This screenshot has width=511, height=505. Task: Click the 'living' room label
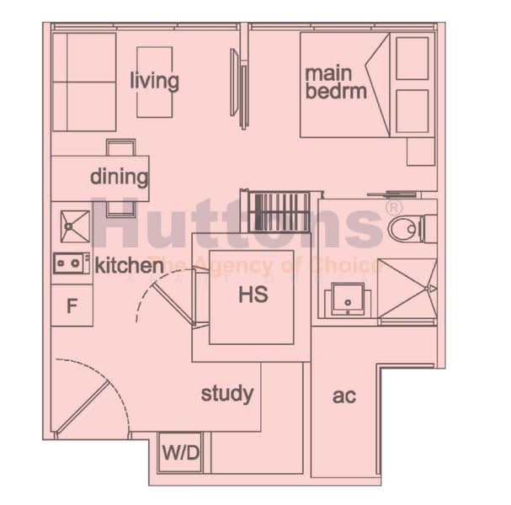[x=154, y=81]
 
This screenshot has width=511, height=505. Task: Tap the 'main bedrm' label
[x=336, y=82]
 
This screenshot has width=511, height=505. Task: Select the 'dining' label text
[x=119, y=178]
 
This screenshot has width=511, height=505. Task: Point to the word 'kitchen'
[x=129, y=266]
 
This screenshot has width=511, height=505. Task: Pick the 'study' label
[x=226, y=393]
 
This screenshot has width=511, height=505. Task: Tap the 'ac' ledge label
[x=343, y=396]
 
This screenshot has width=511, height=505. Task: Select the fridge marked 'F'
[x=72, y=306]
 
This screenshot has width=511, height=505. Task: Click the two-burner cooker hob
[x=72, y=264]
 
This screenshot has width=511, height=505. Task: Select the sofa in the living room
[x=83, y=82]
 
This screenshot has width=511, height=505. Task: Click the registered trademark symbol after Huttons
[x=393, y=206]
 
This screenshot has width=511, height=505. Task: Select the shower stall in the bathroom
[x=407, y=289]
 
